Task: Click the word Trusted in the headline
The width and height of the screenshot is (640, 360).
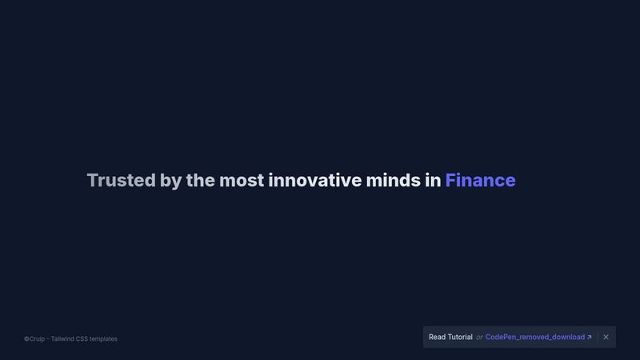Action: tap(122, 181)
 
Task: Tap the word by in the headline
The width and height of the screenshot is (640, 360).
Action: tap(170, 182)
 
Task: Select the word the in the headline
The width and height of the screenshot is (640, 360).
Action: tap(201, 180)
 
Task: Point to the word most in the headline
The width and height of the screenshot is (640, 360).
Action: tap(242, 181)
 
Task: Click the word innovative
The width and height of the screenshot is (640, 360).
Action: tap(314, 180)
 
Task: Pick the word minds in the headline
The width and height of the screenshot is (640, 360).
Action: tap(393, 180)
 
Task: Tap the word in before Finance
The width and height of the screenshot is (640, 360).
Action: tap(433, 180)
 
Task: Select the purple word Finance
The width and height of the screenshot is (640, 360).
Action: tap(481, 180)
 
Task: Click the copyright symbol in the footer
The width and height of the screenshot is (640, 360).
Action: tap(26, 338)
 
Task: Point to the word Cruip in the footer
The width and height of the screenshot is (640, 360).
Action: tap(37, 339)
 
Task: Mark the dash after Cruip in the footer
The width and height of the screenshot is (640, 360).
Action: tap(48, 339)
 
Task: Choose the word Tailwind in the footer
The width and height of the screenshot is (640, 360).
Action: tap(62, 338)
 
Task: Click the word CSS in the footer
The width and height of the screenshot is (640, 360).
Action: tap(82, 338)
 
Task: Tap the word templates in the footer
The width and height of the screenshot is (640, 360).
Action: tap(103, 339)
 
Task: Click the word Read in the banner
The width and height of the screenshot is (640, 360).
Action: tap(437, 337)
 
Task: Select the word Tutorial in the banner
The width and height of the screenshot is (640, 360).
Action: tap(460, 337)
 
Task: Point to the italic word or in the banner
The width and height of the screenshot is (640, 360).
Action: tap(479, 338)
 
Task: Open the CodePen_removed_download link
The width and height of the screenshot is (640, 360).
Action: tap(535, 337)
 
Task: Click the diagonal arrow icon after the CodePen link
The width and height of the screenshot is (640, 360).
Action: tap(590, 337)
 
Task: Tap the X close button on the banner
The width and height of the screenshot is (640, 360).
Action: tap(606, 337)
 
